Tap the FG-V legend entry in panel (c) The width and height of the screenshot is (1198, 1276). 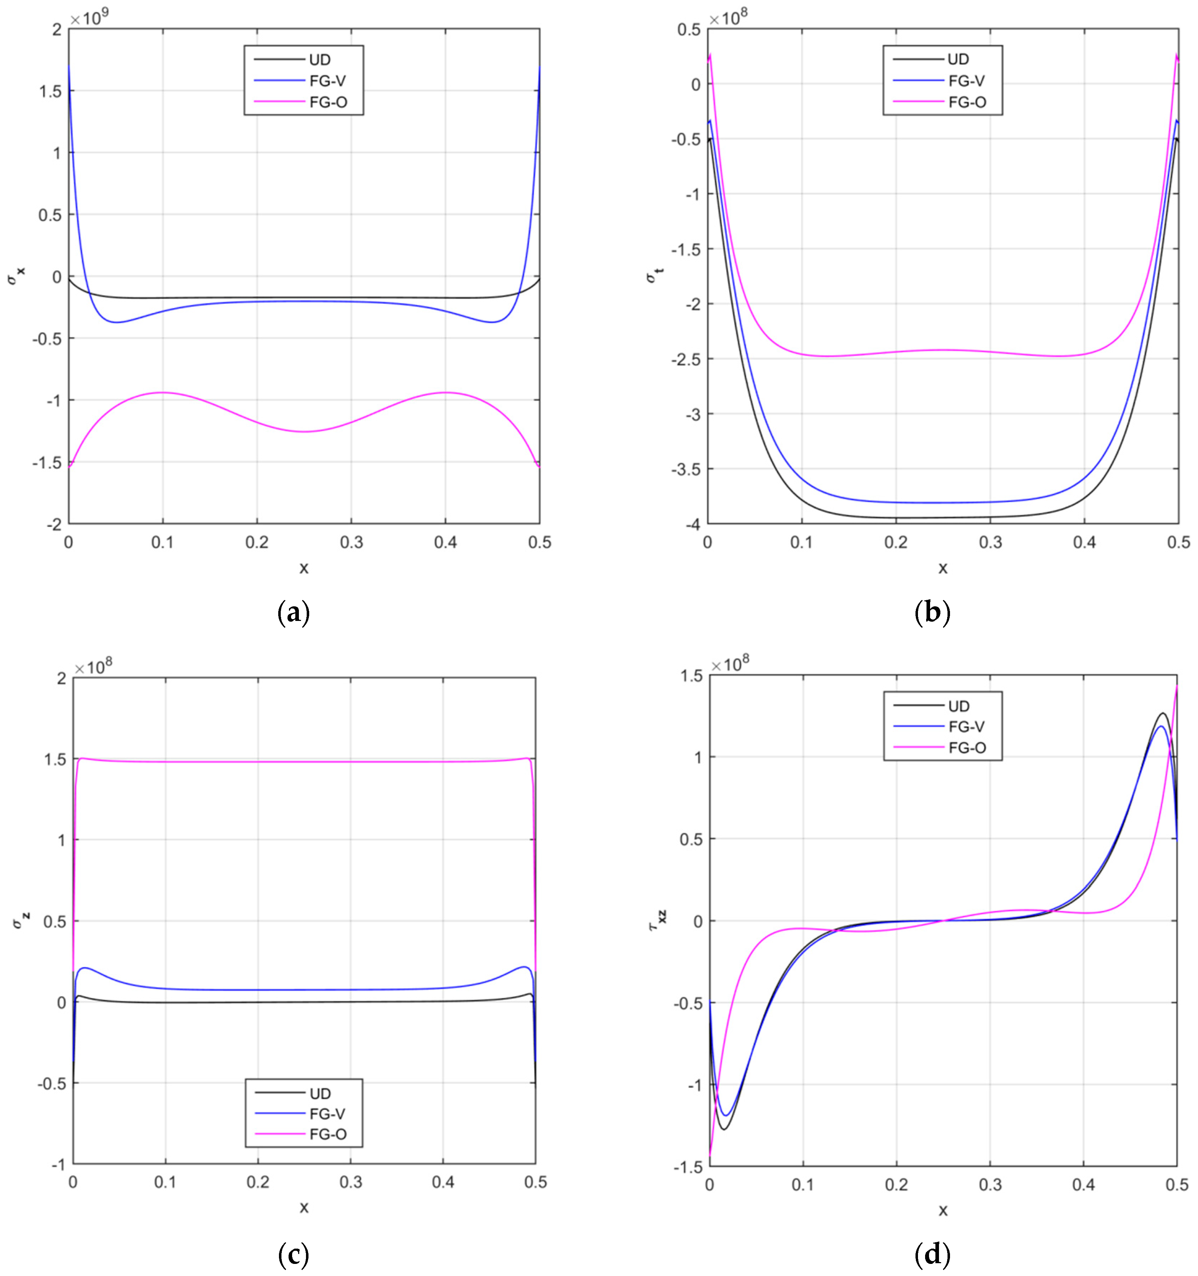[327, 1113]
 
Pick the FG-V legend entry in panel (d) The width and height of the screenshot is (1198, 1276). [966, 727]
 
